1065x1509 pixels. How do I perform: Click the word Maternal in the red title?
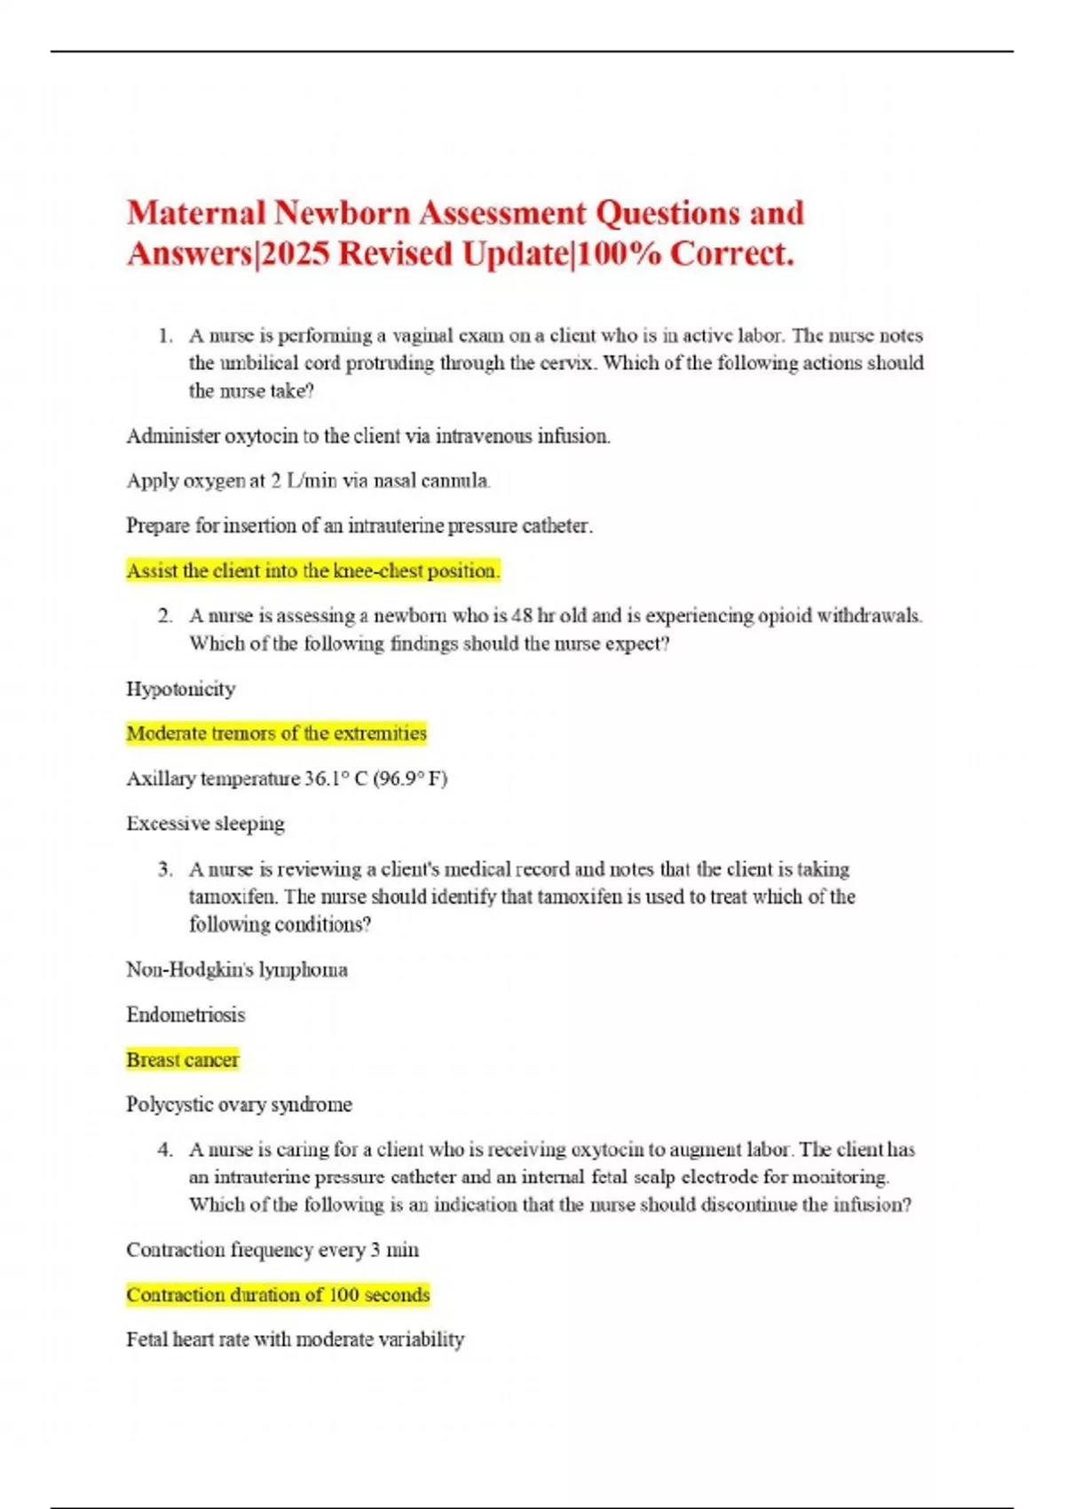196,213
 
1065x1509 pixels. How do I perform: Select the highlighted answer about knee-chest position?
313,571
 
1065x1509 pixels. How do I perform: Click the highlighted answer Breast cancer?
182,1060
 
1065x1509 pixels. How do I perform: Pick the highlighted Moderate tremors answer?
276,733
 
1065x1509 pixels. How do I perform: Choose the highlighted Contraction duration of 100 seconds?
278,1295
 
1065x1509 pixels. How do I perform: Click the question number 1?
164,336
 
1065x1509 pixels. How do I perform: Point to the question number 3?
164,869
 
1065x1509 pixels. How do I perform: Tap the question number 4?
164,1150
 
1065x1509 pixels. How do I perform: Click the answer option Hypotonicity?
181,689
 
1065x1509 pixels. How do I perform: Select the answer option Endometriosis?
185,1015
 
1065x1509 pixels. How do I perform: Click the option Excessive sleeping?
205,824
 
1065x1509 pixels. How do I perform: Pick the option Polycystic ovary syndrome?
239,1105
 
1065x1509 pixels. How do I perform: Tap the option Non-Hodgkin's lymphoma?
237,969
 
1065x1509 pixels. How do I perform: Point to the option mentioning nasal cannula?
308,480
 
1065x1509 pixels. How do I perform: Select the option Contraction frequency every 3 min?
272,1250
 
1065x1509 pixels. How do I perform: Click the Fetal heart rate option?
295,1339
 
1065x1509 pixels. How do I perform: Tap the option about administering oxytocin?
368,436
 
